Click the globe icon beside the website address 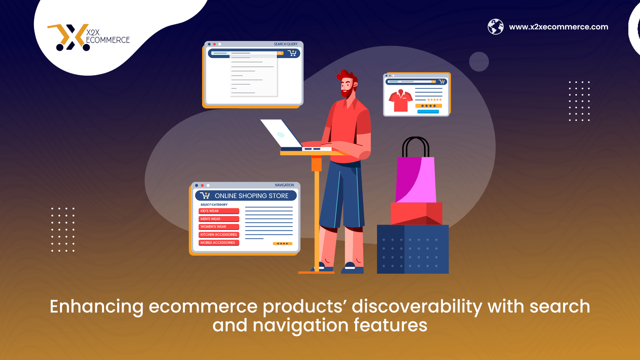(x=496, y=26)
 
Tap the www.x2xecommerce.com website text (x=558, y=27)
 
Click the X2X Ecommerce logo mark (x=69, y=38)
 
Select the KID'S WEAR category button (x=219, y=211)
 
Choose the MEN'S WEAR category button (x=219, y=219)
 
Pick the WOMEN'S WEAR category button (x=219, y=226)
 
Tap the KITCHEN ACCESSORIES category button (x=219, y=234)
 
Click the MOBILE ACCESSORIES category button (x=219, y=242)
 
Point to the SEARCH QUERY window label (x=286, y=44)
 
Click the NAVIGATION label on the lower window (x=284, y=185)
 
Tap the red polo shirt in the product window (x=400, y=100)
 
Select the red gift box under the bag (x=416, y=214)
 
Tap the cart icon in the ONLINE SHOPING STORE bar (x=205, y=196)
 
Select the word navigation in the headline (x=300, y=326)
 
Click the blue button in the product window (x=428, y=112)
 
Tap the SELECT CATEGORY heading (x=214, y=204)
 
